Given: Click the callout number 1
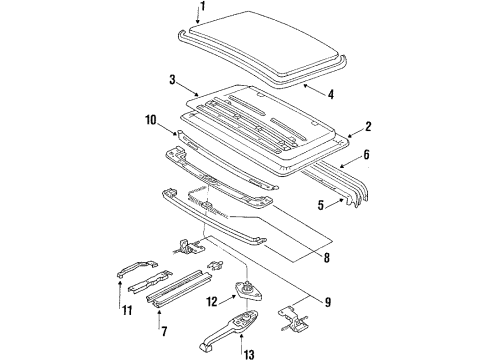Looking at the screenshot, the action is coord(202,7).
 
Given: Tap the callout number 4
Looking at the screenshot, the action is coord(330,94).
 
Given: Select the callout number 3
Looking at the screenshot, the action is coord(172,80).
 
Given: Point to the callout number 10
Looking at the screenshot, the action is coord(151,120).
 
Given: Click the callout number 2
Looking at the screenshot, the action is coord(368,127).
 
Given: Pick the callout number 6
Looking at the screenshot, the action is coord(366,154).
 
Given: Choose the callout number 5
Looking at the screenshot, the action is coord(321,205).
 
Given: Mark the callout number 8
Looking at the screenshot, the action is coord(326,257).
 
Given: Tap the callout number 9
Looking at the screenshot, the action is coord(328,302).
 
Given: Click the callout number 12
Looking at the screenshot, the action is coord(212,302).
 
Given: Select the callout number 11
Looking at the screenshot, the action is coord(126,311).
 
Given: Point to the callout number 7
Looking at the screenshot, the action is coord(164,331).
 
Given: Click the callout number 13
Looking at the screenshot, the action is coord(249,354).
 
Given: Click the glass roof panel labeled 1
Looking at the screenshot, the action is coord(263,42).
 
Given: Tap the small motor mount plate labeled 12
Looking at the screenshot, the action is coord(248,291).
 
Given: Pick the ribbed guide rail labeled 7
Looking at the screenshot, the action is coord(179,287).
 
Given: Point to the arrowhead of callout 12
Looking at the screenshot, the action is coord(234,296).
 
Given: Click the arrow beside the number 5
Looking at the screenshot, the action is coord(335,203).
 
